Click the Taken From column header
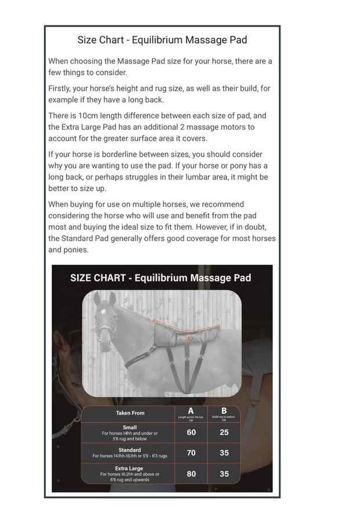click(130, 413)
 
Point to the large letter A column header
click(191, 411)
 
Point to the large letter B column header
click(224, 411)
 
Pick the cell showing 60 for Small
click(191, 432)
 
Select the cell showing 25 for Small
click(224, 432)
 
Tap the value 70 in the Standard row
click(191, 453)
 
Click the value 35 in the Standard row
click(224, 453)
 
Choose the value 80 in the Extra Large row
click(191, 474)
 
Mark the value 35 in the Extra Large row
click(224, 474)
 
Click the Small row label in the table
click(129, 428)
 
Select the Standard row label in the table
click(129, 450)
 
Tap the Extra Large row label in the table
click(129, 468)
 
